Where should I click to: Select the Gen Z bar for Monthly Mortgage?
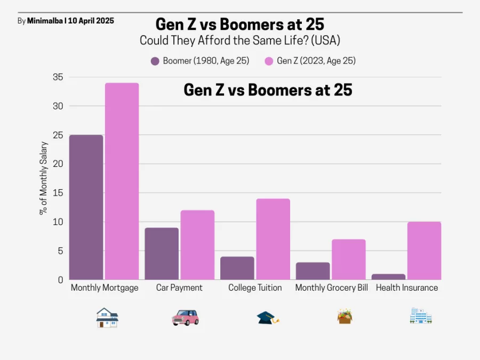tap(122, 181)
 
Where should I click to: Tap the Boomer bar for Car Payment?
tap(162, 253)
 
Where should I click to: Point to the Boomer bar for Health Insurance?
tap(388, 277)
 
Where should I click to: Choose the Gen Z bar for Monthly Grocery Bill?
tap(349, 259)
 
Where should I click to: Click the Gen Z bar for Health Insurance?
tap(424, 251)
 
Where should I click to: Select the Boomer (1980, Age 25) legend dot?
tap(155, 61)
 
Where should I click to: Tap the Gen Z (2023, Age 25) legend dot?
tap(269, 61)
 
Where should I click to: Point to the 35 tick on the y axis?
tap(58, 77)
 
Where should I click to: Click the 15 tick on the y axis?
tap(58, 193)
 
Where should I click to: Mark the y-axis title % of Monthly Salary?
tap(44, 178)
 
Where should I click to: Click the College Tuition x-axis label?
tap(255, 288)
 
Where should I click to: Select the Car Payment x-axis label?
tap(179, 288)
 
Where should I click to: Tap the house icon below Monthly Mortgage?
tap(107, 317)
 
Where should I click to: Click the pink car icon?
tap(185, 318)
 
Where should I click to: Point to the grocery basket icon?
tap(345, 317)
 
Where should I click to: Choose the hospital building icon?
tap(421, 316)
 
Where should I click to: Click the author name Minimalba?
tap(45, 21)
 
